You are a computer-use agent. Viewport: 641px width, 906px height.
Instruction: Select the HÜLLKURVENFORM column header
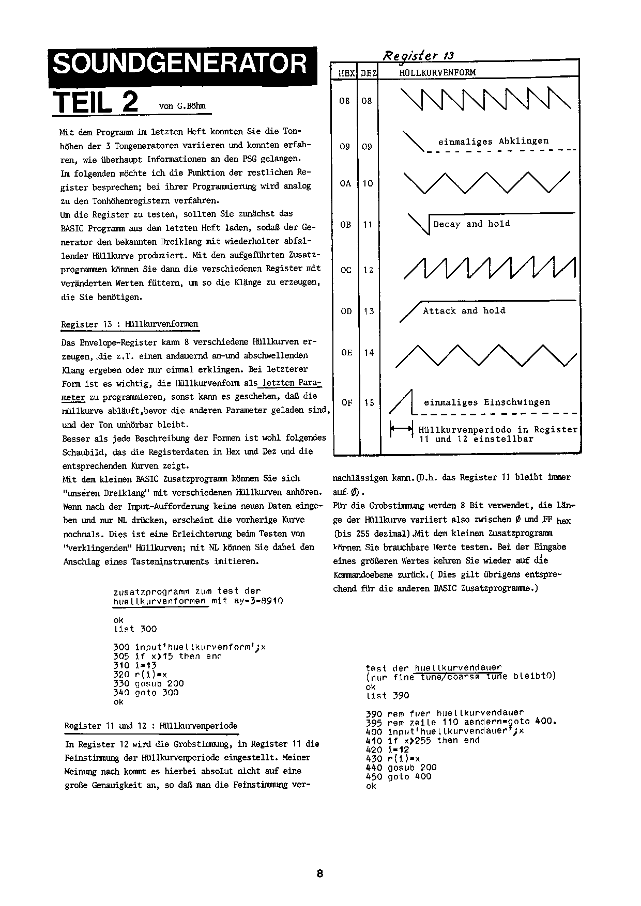coord(437,73)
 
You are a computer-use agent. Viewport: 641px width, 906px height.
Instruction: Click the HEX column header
coord(346,73)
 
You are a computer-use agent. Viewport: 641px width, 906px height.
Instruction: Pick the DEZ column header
coord(369,73)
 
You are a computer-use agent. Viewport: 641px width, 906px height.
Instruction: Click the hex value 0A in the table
coord(345,183)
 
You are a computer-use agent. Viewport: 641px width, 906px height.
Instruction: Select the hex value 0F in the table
coord(346,402)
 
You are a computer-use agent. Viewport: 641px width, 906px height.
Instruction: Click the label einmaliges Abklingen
coord(493,141)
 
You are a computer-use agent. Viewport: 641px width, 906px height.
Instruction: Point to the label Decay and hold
coord(471,224)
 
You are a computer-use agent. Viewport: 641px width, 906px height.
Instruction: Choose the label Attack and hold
coord(464,310)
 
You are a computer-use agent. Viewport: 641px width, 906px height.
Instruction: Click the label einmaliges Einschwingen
coord(487,402)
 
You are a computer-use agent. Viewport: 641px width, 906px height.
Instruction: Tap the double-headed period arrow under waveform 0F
coord(401,429)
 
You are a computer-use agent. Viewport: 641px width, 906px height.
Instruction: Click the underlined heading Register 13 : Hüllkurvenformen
coord(129,324)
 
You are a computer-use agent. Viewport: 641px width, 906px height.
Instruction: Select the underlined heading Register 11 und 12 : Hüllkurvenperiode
coord(150,726)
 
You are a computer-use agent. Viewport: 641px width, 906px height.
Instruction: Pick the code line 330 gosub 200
coord(148,683)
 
